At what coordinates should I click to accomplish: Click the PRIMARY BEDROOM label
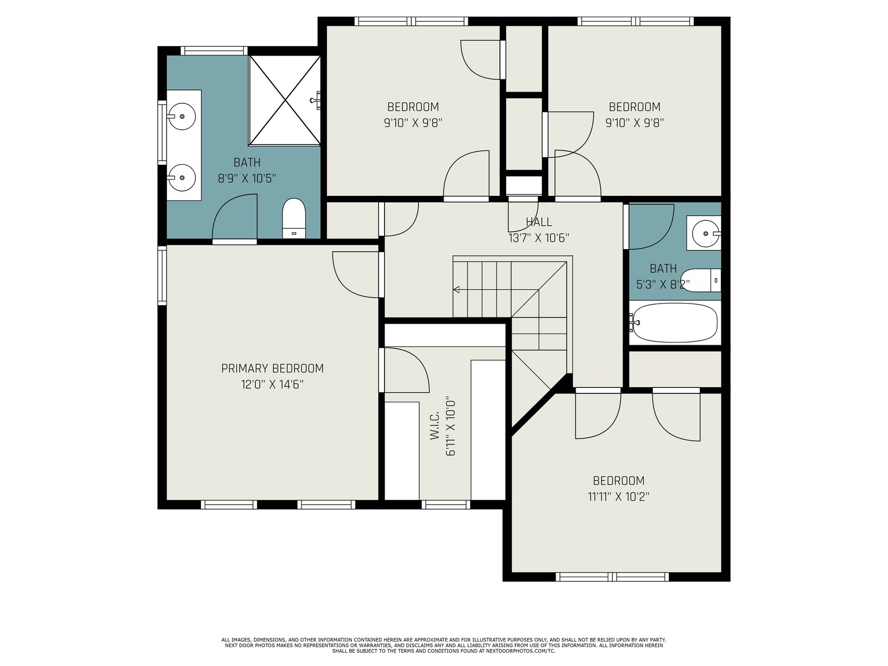pyautogui.click(x=273, y=369)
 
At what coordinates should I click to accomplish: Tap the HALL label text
pyautogui.click(x=538, y=222)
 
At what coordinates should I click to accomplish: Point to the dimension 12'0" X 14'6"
pyautogui.click(x=273, y=384)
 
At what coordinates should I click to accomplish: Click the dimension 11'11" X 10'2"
pyautogui.click(x=618, y=497)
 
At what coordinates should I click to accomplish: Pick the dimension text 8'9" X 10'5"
pyautogui.click(x=247, y=178)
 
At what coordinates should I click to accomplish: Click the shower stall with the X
pyautogui.click(x=285, y=100)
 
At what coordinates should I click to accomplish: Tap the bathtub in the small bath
pyautogui.click(x=675, y=323)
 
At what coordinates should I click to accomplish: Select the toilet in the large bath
pyautogui.click(x=294, y=218)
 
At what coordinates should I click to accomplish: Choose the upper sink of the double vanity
pyautogui.click(x=182, y=117)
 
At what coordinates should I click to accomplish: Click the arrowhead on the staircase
pyautogui.click(x=456, y=290)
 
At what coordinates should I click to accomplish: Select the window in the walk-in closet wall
pyautogui.click(x=446, y=504)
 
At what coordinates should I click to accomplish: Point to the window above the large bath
pyautogui.click(x=214, y=51)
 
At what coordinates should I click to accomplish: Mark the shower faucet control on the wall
pyautogui.click(x=316, y=100)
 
